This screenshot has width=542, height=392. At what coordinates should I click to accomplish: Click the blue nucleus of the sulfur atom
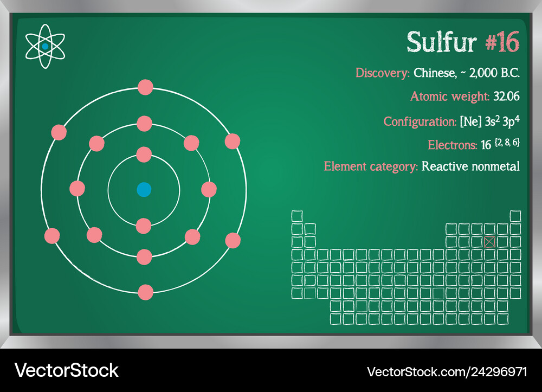144,190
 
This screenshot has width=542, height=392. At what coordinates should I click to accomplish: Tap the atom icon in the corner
45,46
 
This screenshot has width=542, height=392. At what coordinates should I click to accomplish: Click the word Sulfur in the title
442,42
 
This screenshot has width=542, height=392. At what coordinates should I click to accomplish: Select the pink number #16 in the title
502,42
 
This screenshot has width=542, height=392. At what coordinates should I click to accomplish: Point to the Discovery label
382,73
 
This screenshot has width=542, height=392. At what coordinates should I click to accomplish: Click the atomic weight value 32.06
506,96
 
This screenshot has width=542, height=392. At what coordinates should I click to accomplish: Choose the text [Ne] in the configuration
470,121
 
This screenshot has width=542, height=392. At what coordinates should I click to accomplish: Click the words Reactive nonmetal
470,166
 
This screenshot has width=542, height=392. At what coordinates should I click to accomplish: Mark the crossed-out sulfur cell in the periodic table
489,242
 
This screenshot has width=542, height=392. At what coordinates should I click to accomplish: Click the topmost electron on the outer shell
145,87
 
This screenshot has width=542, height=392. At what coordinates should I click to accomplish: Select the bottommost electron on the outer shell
145,292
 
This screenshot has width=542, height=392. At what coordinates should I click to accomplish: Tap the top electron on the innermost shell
144,155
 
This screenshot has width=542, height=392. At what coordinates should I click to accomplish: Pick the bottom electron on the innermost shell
144,226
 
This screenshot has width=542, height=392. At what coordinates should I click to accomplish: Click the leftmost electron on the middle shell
77,188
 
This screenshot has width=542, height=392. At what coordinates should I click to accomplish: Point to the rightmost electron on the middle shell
209,189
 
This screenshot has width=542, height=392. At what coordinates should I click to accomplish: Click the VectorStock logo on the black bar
66,370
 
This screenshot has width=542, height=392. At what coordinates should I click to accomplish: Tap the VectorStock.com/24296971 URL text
447,372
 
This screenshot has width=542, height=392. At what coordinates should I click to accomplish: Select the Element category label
371,166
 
